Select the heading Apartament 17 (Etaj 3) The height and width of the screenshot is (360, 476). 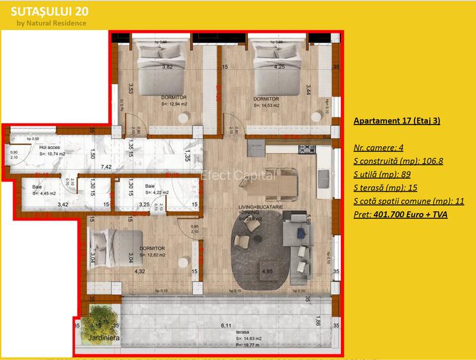pos(396,120)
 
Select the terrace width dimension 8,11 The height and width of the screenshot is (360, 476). pos(226,326)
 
